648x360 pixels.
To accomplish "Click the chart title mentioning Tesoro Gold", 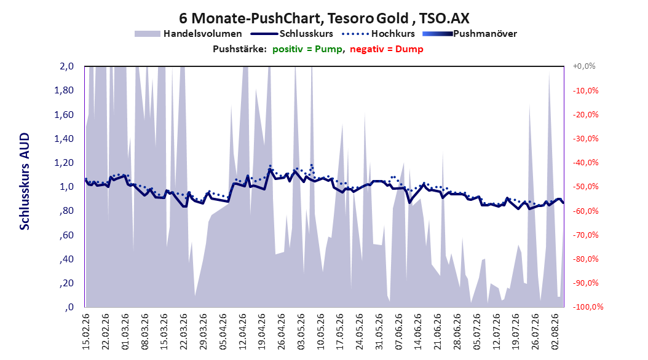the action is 324,18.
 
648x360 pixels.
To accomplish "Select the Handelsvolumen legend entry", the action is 189,34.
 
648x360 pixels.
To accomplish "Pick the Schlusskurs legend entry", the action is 292,34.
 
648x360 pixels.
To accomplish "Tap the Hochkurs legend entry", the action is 378,34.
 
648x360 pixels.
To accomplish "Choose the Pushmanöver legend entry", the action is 470,34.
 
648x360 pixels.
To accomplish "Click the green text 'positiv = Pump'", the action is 307,49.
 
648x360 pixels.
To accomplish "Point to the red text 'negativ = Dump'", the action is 387,49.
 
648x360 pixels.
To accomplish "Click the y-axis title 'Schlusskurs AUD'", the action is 25,181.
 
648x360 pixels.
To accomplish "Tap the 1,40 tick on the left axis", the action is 64,139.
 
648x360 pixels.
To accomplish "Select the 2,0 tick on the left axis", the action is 66,66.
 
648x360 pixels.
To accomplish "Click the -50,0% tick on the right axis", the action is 585,187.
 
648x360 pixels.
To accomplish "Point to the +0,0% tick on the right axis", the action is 584,66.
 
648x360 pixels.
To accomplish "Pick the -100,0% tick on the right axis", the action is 588,307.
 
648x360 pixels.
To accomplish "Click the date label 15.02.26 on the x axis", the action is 86,332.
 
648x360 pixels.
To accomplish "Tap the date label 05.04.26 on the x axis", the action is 223,332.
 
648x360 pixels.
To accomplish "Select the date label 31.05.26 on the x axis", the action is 380,332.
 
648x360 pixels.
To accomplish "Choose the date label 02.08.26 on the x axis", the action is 556,332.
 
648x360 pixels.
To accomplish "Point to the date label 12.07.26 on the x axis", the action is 497,332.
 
